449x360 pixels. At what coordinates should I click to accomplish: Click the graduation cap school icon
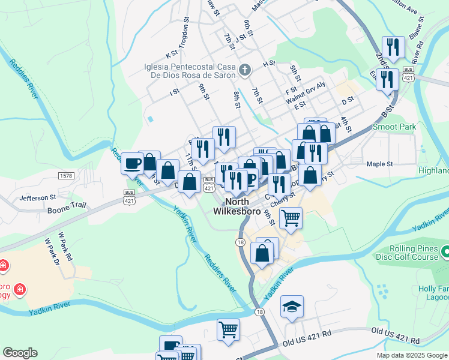(292, 307)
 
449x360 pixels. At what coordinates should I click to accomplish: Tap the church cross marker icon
(245, 71)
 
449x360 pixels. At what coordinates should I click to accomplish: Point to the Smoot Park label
(394, 127)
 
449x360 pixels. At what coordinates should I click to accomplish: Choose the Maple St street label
(379, 164)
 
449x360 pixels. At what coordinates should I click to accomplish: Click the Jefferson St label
(37, 197)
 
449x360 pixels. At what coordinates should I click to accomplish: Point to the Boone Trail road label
(68, 205)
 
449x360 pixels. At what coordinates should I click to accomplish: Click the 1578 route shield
(66, 175)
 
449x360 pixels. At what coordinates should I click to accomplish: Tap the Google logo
(20, 352)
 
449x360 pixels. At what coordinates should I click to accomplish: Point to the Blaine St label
(417, 26)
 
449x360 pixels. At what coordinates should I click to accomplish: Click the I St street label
(175, 92)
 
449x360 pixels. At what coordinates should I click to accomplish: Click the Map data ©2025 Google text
(411, 355)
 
